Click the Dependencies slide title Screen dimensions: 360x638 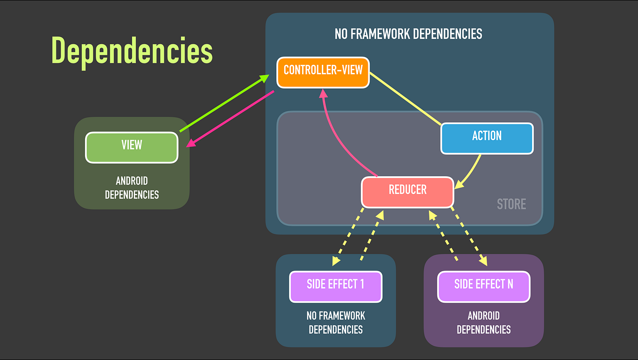tap(132, 50)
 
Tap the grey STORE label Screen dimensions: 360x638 tap(511, 204)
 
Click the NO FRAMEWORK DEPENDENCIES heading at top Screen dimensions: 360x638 tap(408, 34)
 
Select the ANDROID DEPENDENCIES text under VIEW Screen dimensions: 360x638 tap(132, 188)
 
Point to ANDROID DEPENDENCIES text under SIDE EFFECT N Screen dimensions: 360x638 tap(483, 322)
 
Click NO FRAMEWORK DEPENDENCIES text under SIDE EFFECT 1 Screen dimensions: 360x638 tap(335, 322)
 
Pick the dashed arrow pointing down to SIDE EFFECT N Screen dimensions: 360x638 tap(468, 235)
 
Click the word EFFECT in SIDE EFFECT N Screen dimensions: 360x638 tap(489, 284)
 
